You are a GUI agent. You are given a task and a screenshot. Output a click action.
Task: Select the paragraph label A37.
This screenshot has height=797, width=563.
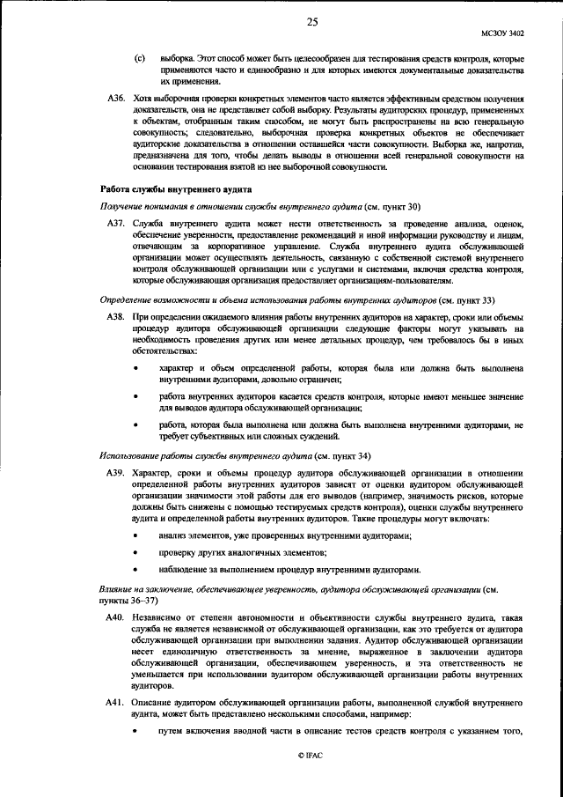116,226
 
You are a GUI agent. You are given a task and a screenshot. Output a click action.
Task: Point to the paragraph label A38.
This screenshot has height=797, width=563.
116,315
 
